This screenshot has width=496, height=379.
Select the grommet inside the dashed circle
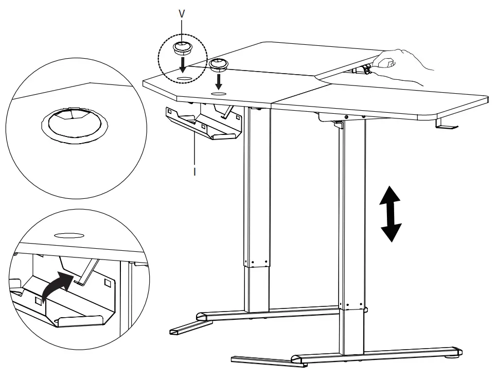tap(181, 49)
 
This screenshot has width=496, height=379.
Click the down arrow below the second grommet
tap(220, 81)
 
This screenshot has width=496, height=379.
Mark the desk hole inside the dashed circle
tap(184, 77)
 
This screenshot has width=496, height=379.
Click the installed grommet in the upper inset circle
tap(75, 125)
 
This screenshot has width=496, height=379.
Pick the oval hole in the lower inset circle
tap(69, 235)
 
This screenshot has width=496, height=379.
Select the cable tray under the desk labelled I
tap(206, 124)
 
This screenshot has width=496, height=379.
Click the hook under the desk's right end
tap(444, 125)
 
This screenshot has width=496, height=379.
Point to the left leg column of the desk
tap(257, 206)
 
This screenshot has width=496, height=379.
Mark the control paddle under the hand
tap(364, 70)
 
